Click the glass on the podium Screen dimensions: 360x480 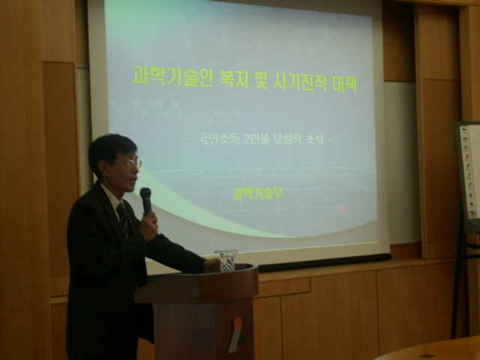click(226, 259)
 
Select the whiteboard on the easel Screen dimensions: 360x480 click(469, 172)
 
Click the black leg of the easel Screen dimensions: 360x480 click(458, 285)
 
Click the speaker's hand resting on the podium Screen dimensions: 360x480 click(213, 263)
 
